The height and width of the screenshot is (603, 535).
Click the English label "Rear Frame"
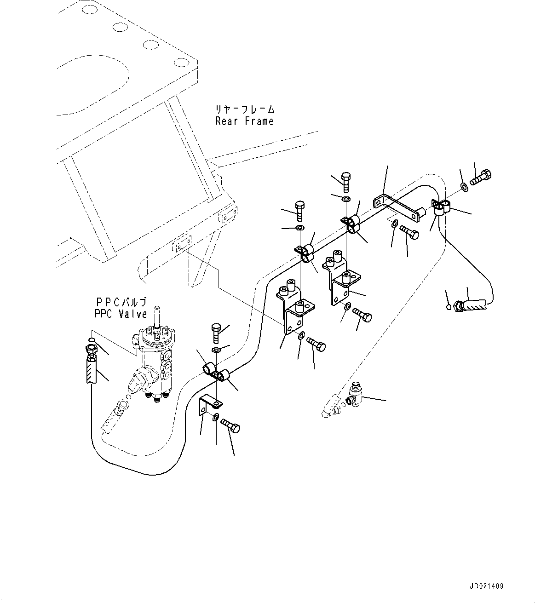coord(244,121)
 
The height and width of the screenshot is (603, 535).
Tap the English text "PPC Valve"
coord(121,314)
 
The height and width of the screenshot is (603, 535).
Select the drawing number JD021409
coord(487,586)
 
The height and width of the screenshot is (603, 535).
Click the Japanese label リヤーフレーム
coord(245,109)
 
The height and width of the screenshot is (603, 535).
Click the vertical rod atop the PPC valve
coord(157,317)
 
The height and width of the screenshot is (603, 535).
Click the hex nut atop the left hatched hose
coord(90,349)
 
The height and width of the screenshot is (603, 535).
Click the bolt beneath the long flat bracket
coord(409,232)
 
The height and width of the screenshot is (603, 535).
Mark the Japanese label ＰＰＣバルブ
coord(121,302)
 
